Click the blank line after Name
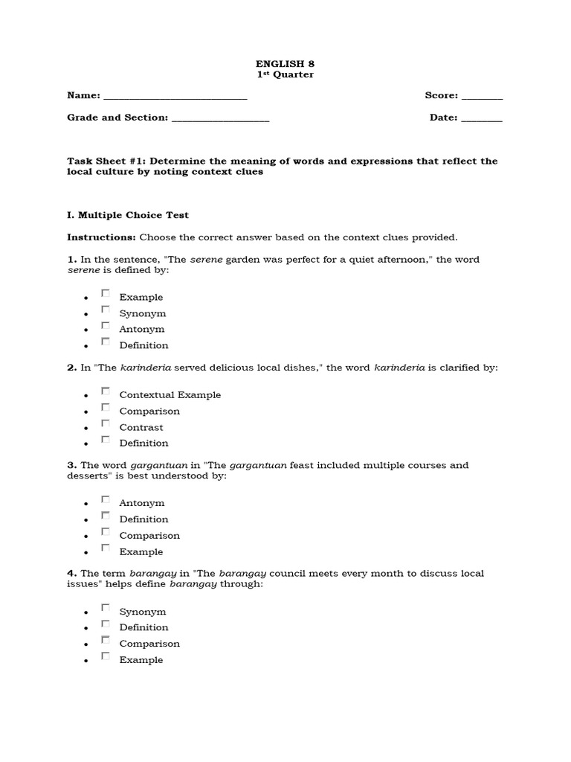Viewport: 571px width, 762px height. click(175, 97)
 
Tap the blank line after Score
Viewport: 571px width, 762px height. click(482, 97)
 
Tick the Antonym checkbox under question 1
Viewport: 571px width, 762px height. click(106, 326)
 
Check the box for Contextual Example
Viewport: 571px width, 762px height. click(106, 391)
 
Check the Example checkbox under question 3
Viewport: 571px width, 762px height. click(106, 548)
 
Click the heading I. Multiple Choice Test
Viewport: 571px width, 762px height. click(128, 215)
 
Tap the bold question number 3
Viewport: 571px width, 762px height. click(71, 466)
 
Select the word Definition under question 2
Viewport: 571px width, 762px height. click(143, 444)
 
